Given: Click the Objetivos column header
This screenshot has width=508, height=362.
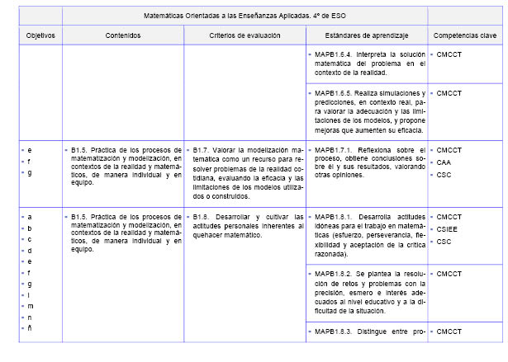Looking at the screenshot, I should click(x=39, y=36).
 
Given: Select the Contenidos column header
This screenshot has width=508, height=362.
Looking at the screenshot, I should click(x=123, y=36).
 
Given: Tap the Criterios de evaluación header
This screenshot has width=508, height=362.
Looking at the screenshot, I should click(x=245, y=36).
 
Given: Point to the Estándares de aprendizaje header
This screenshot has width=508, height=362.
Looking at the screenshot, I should click(x=367, y=36).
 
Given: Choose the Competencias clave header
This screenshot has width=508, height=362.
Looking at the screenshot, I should click(x=465, y=36).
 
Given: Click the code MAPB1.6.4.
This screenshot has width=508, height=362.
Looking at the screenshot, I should click(x=335, y=55).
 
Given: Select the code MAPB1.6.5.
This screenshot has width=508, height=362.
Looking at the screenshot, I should click(x=335, y=93).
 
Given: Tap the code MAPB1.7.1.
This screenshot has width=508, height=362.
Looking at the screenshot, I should click(x=335, y=150).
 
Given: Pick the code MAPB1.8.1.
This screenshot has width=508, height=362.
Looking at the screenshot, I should click(x=335, y=217).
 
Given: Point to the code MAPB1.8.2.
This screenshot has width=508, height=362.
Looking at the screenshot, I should click(x=335, y=273).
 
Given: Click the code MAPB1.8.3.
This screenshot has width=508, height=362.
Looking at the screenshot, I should click(x=335, y=331).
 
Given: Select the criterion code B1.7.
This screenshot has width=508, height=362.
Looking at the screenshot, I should click(x=202, y=150).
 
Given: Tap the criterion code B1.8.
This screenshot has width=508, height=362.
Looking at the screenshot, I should click(x=202, y=217).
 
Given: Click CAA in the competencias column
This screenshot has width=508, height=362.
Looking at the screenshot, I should click(x=444, y=162).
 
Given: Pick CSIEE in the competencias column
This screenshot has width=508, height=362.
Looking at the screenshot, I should click(x=447, y=229).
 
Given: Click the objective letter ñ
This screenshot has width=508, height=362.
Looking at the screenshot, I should click(x=31, y=329).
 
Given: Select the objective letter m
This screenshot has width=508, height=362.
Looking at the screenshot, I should click(x=31, y=306).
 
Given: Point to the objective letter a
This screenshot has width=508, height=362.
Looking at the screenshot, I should click(x=31, y=217).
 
